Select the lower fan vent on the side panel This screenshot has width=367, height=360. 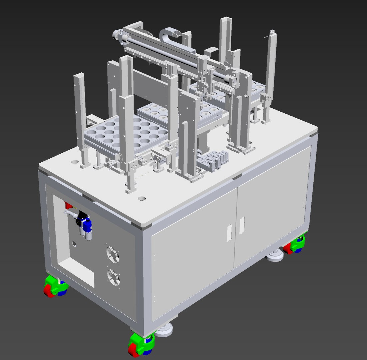coord(113,277)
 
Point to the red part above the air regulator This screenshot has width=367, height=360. coord(68,205)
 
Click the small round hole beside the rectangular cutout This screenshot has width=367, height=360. coord(74,244)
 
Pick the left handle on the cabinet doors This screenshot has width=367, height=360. coord(230,233)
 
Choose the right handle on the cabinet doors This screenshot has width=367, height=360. coord(242,225)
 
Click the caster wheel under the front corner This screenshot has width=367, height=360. coord(140,345)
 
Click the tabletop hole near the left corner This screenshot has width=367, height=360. coord(75,162)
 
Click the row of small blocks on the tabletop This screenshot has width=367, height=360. coord(212,159)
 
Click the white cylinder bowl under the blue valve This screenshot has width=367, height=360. coord(88,236)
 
